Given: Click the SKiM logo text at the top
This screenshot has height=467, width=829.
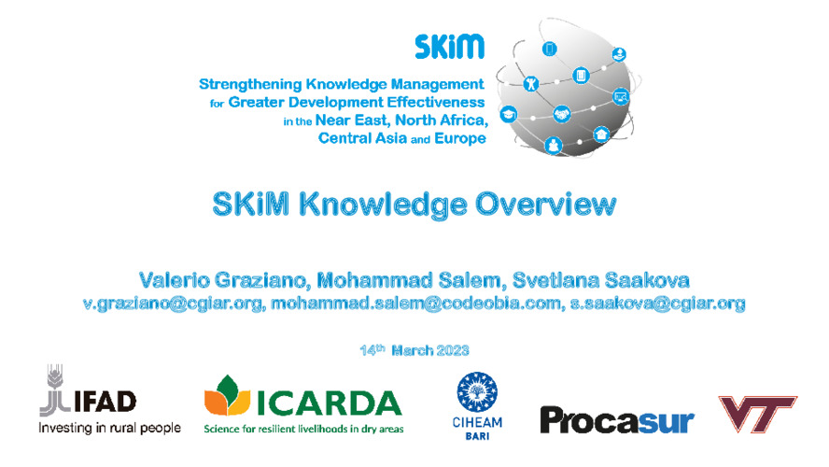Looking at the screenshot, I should coord(450,46).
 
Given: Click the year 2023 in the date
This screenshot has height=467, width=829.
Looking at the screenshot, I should coord(450,351).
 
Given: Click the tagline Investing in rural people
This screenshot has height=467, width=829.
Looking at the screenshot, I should coord(109,429).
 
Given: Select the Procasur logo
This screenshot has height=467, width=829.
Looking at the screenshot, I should coord(617,419).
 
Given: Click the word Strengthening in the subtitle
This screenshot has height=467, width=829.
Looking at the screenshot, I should coord(248,84).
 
